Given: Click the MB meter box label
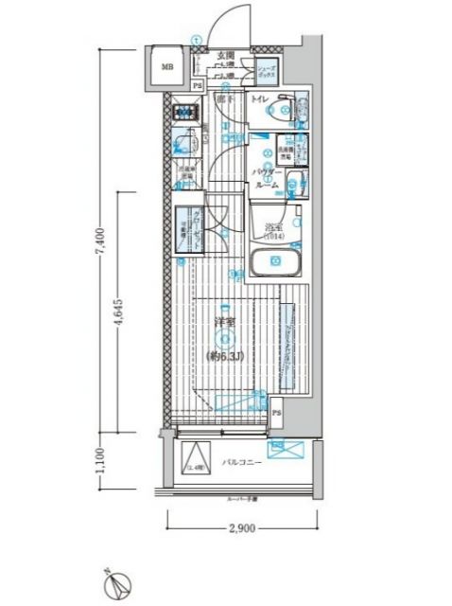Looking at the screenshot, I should (166, 67).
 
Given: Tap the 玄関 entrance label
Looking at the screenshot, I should (225, 56).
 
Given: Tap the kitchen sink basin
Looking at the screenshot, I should (184, 144).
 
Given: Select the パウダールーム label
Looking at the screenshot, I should (267, 178).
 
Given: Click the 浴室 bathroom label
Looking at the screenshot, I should (272, 227).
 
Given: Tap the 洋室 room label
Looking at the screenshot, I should (224, 324).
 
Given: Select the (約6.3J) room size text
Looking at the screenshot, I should (224, 355).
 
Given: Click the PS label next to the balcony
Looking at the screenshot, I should (277, 413).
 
